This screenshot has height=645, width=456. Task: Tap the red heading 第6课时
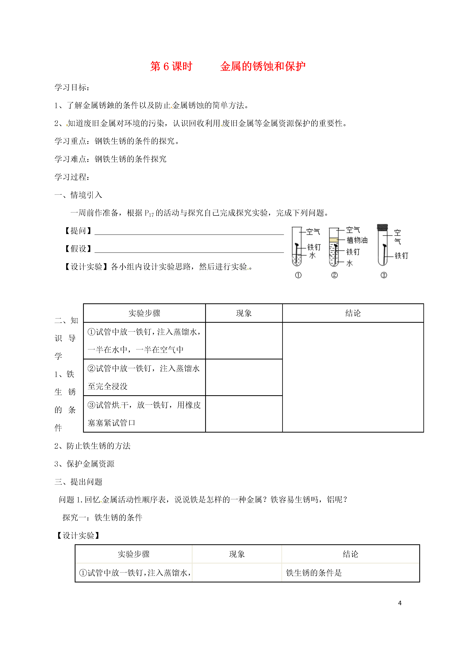click(171, 67)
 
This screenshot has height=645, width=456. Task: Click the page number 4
click(400, 603)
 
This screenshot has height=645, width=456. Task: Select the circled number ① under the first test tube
click(298, 275)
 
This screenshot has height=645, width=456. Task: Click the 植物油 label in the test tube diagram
click(357, 240)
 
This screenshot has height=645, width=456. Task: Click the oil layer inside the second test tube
click(334, 240)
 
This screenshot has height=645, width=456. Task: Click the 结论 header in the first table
click(353, 313)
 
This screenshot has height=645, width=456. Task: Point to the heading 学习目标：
click(72, 87)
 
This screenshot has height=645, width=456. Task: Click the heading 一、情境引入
click(78, 195)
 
